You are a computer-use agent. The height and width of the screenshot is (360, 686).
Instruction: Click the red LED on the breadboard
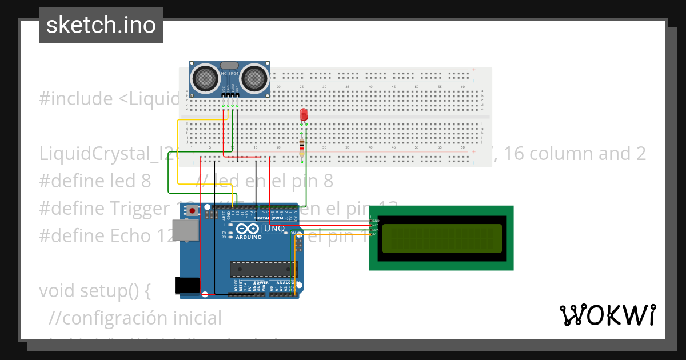304,115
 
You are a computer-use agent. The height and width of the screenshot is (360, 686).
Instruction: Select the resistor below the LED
302,146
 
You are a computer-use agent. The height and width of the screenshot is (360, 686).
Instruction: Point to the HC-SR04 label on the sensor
229,74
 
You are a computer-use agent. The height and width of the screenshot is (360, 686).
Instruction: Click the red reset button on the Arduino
193,211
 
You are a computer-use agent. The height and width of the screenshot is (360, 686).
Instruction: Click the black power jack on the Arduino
187,285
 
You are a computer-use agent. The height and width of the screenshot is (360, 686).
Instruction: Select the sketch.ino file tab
101,25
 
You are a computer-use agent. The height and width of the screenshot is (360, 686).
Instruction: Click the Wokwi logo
607,315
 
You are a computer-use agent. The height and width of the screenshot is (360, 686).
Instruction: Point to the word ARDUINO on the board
248,237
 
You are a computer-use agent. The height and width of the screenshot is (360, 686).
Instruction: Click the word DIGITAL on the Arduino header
261,219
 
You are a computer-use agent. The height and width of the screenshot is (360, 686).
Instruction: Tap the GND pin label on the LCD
376,221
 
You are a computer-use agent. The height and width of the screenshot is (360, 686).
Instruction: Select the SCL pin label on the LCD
376,234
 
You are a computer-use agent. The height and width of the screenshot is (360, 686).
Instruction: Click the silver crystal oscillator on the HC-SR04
229,66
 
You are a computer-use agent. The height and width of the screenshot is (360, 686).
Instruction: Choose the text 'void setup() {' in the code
95,290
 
